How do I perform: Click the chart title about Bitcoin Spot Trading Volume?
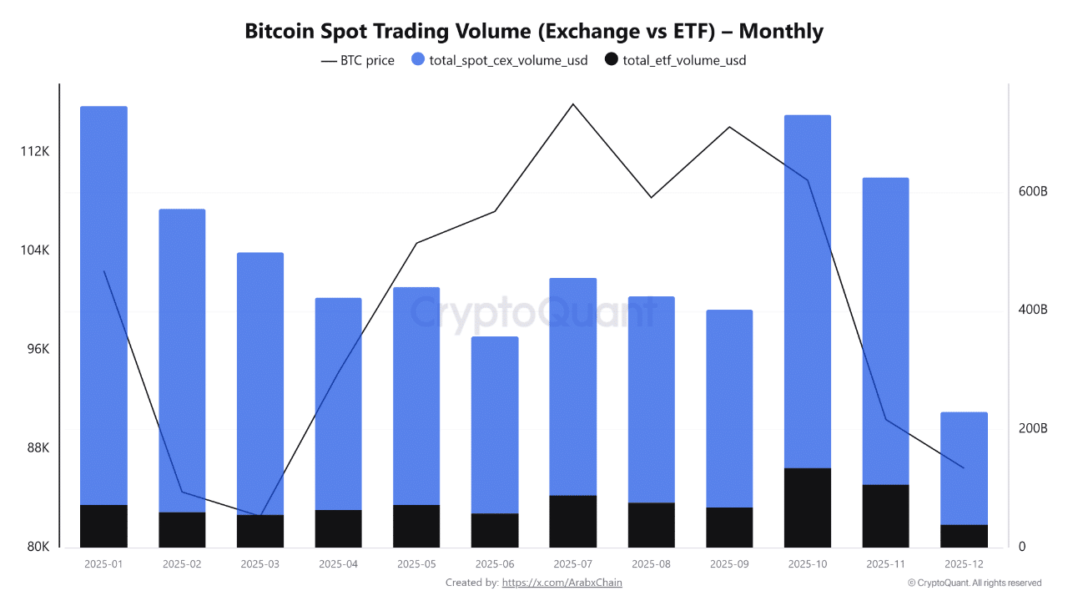[x=534, y=32]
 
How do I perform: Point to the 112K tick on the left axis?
[x=35, y=152]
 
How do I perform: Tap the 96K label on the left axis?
[x=37, y=349]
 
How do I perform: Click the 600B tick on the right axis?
[x=1033, y=192]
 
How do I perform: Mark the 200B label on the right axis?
[x=1033, y=428]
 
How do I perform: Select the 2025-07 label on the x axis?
[x=573, y=564]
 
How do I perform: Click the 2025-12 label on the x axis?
[x=964, y=564]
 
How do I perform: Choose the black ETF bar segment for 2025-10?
[x=808, y=508]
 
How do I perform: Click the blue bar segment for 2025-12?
[x=964, y=467]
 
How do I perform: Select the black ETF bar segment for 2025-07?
[x=573, y=521]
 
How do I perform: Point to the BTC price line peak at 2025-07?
[x=573, y=104]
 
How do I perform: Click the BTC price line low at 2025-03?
[x=260, y=516]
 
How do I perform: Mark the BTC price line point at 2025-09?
[x=729, y=127]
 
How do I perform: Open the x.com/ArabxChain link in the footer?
[x=562, y=583]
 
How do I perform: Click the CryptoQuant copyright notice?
[x=974, y=583]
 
